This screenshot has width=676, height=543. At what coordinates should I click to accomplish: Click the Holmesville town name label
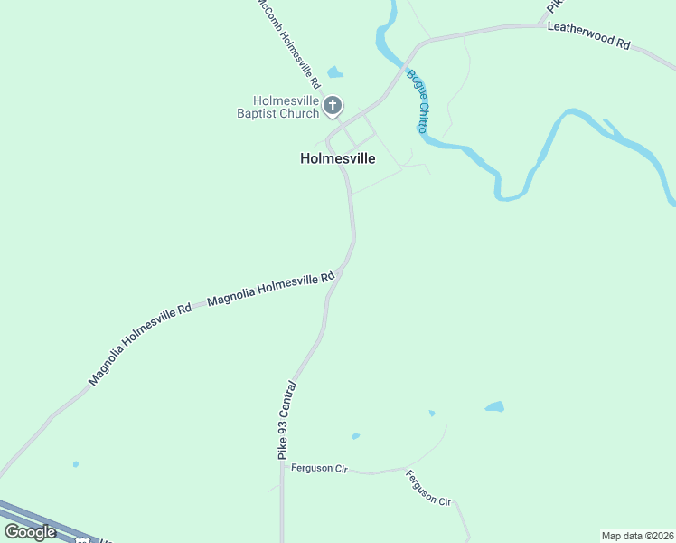[337, 158]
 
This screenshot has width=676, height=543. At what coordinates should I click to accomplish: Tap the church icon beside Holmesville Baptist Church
[332, 107]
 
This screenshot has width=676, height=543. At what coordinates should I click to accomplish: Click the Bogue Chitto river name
[418, 101]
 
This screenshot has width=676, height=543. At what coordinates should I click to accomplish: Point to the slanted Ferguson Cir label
[428, 488]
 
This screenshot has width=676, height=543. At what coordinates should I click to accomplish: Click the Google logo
[30, 531]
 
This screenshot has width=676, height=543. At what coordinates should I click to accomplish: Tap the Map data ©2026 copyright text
[637, 535]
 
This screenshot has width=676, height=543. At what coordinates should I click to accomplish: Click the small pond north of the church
[335, 72]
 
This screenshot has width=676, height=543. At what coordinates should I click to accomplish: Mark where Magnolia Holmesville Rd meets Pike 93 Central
[338, 273]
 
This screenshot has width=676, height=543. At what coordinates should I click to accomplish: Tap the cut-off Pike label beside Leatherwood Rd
[551, 6]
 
